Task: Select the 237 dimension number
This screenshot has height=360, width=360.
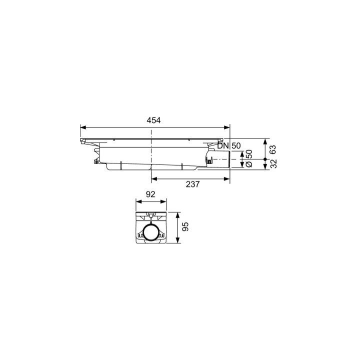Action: point(192,184)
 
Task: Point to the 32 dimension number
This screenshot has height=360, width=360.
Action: point(273,164)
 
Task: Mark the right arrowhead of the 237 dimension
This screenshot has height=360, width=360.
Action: point(227,177)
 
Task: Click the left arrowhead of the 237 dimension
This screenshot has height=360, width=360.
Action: point(153,177)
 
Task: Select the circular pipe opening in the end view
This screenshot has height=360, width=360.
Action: point(151,233)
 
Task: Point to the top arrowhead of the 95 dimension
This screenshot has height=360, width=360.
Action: point(179,214)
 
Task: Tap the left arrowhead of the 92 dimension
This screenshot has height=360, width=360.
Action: point(138,202)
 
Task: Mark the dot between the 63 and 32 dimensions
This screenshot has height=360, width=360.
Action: point(265,159)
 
